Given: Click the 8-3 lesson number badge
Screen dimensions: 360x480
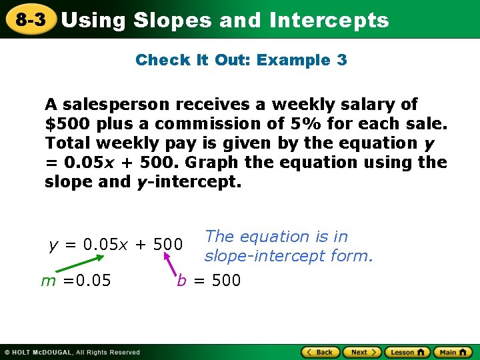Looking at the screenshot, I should [x=31, y=19].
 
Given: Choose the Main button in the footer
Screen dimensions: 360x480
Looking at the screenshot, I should [x=453, y=352].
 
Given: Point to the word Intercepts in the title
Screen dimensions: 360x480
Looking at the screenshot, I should [x=329, y=20].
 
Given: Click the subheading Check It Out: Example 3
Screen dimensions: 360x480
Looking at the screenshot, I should [x=241, y=60].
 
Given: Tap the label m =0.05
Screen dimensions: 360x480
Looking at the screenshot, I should [x=76, y=281].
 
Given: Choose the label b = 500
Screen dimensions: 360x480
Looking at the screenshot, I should [x=209, y=281].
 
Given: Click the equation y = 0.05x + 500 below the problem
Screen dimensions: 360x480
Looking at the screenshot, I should [x=116, y=245].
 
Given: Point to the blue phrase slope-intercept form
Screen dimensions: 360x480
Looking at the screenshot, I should [x=289, y=255].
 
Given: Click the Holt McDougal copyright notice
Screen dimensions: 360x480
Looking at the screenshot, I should [x=72, y=352].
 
